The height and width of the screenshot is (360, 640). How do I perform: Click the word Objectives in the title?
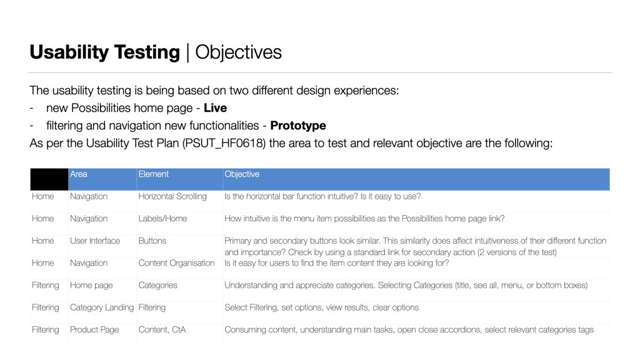(239, 52)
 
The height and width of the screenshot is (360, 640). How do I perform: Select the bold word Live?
(215, 108)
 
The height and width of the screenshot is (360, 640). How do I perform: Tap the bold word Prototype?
(298, 126)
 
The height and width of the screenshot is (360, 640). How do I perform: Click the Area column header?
(79, 174)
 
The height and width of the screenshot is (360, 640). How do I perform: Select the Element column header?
(154, 174)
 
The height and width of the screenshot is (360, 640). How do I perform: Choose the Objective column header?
(242, 174)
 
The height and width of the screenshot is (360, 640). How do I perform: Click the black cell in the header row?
(49, 179)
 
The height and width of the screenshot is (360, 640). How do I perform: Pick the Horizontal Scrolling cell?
(172, 196)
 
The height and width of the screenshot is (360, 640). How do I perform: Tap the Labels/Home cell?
(162, 219)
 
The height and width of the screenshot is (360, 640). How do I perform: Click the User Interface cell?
(95, 241)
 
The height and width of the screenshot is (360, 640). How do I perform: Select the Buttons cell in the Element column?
(152, 241)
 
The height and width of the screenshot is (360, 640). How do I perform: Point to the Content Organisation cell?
(176, 263)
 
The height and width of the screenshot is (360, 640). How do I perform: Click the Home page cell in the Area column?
(91, 285)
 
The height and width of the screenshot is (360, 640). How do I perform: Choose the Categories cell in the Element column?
(157, 285)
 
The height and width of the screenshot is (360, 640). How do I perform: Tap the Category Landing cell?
(102, 307)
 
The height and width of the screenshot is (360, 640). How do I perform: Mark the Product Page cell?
(94, 329)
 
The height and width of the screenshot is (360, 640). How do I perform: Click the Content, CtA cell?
(162, 329)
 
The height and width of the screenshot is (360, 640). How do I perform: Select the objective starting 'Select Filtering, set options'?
(321, 307)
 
